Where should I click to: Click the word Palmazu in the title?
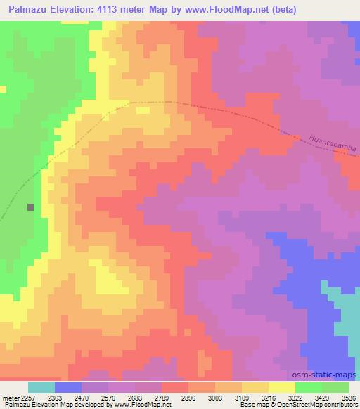click(x=32, y=10)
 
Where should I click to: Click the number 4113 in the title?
click(x=120, y=10)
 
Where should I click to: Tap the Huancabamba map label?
click(x=333, y=145)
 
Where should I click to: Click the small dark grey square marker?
click(x=30, y=207)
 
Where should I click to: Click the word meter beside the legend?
click(x=9, y=398)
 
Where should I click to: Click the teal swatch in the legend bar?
click(x=41, y=387)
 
